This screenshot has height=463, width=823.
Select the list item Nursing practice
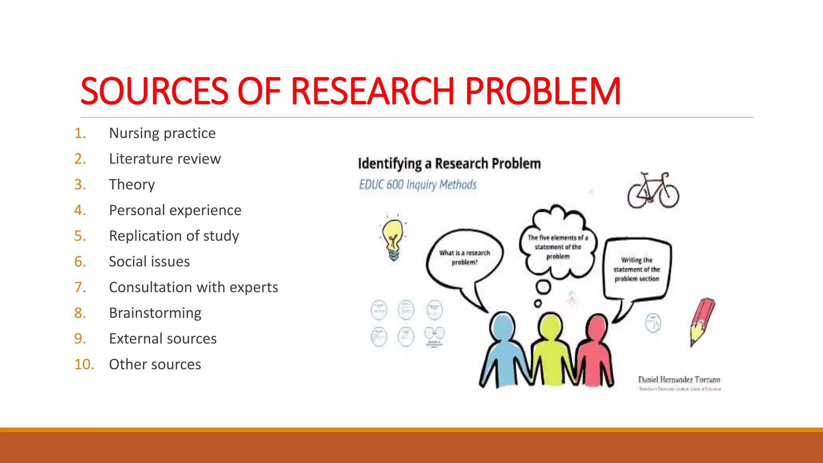162,133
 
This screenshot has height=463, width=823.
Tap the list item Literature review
165,159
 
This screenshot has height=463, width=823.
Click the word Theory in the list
132,184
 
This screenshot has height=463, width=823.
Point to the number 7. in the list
80,287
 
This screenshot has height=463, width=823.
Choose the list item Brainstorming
155,313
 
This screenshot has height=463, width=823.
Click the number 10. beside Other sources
84,365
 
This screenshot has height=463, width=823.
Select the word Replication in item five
146,236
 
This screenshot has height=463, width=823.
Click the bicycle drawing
653,191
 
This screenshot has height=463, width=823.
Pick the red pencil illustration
702,322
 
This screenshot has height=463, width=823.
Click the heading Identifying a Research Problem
449,164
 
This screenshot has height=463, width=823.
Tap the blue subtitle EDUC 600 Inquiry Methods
418,185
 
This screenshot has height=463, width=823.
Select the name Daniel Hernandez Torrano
679,379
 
